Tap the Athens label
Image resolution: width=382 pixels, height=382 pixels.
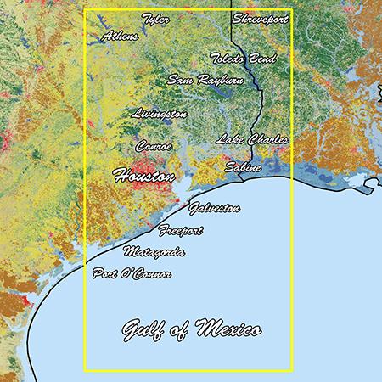tap(120, 37)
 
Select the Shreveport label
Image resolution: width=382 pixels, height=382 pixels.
tap(260, 18)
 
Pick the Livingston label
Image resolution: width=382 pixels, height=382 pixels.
tap(160, 113)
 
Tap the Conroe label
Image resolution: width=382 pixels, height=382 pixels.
tap(154, 146)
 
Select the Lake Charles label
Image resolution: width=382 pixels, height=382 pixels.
tap(252, 139)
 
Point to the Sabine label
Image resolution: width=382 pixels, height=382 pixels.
tap(241, 168)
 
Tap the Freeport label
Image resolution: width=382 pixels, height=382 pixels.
tap(181, 230)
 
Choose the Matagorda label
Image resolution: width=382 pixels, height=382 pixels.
tap(154, 252)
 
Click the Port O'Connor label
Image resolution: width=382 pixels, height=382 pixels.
tap(132, 274)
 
